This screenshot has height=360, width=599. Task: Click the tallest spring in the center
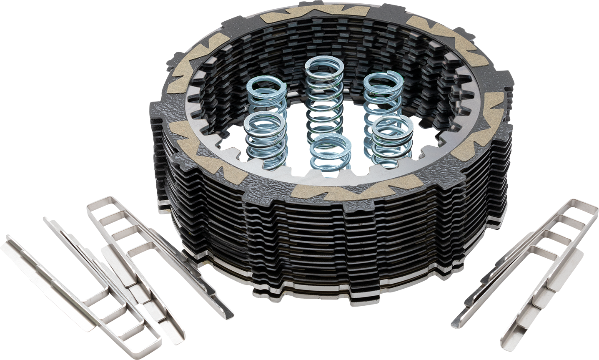[324, 100]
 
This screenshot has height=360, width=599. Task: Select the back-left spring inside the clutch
[267, 100]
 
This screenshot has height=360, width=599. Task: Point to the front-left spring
[265, 140]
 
